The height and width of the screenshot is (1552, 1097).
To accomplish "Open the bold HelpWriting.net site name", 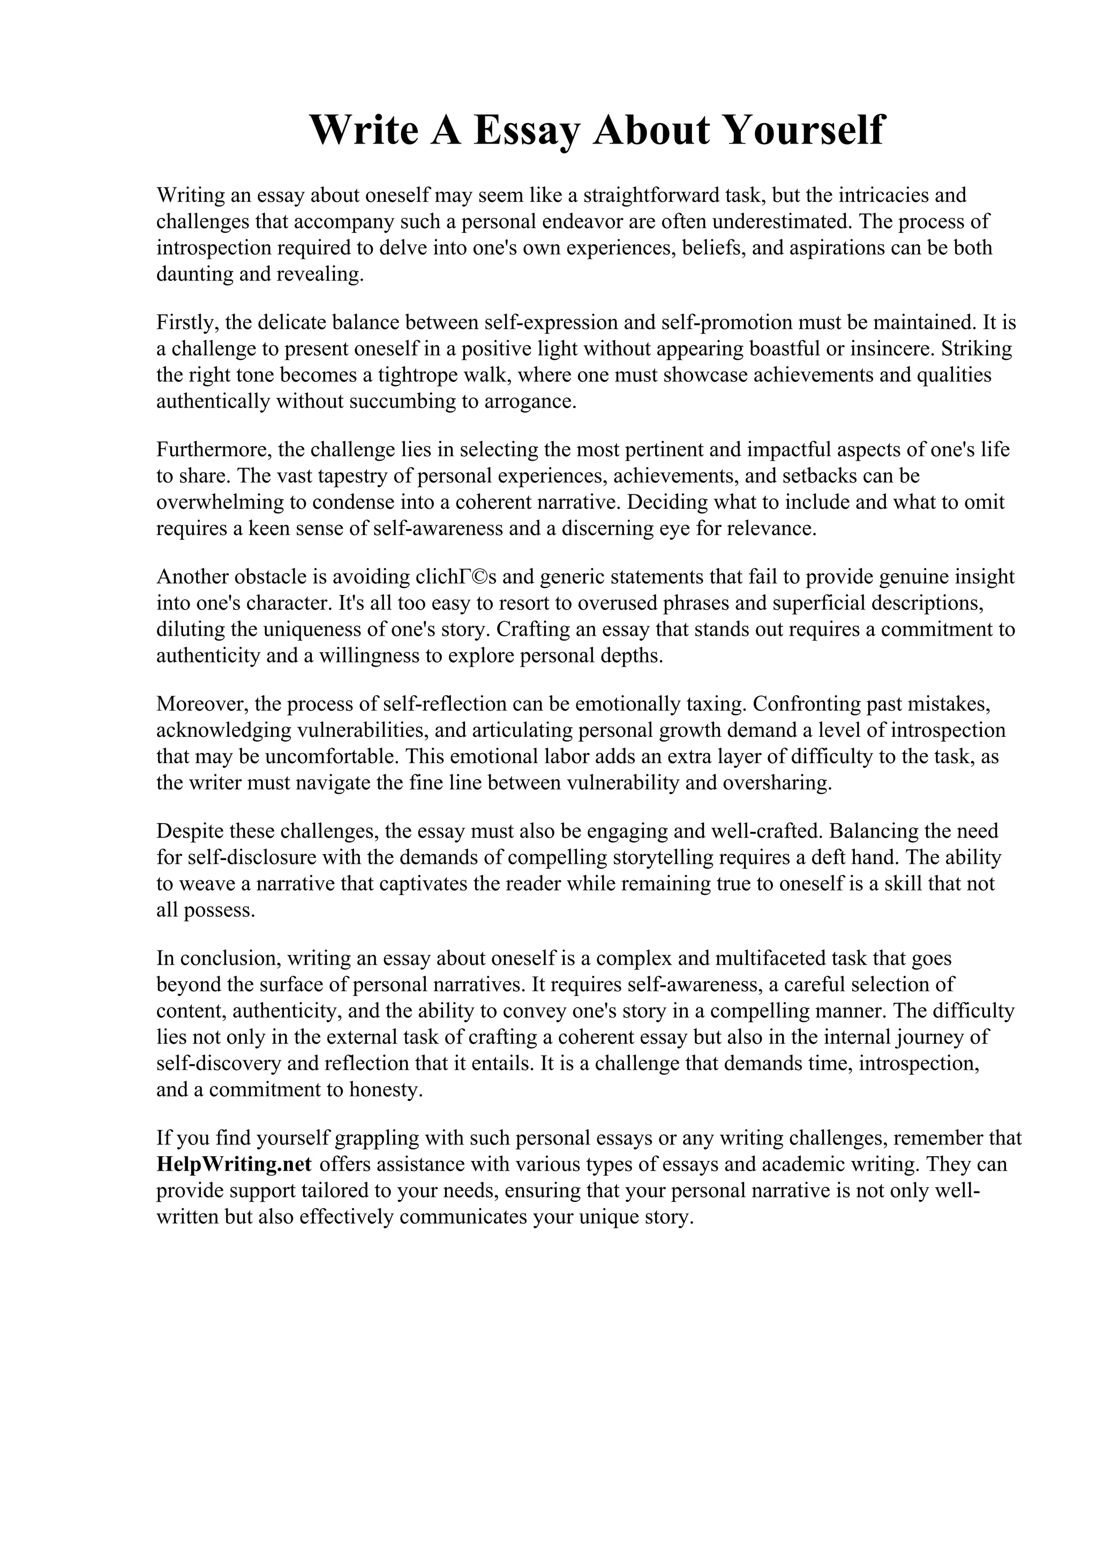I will [234, 1165].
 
